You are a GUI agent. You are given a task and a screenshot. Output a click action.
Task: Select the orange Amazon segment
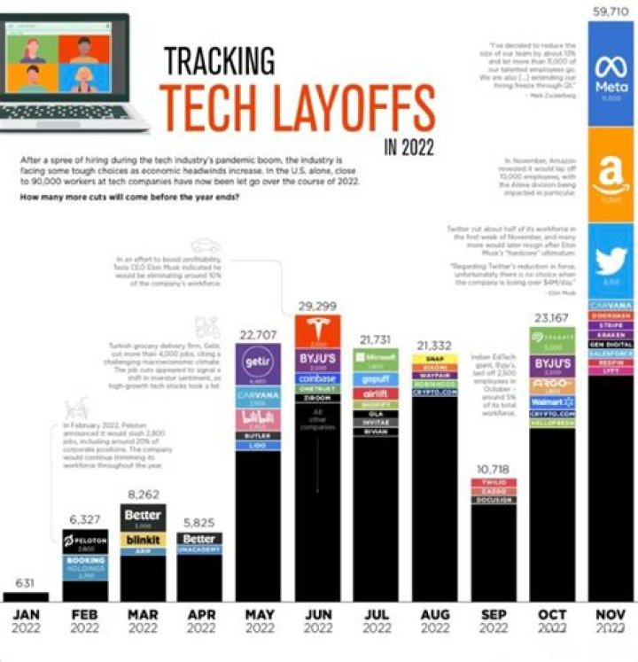[611, 173]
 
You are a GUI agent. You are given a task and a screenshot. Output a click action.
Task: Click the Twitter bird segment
[611, 261]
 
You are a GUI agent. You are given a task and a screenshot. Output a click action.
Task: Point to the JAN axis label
[26, 612]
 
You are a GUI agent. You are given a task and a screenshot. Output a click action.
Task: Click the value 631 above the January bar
[26, 582]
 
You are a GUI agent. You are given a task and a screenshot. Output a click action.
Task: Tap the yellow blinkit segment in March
[143, 541]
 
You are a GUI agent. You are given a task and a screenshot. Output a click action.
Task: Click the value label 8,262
[143, 495]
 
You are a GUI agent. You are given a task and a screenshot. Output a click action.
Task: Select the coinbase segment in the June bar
[318, 378]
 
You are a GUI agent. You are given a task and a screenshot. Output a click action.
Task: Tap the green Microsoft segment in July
[377, 359]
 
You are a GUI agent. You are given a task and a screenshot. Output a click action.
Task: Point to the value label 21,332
[435, 344]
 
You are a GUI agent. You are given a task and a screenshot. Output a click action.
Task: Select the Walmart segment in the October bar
[552, 402]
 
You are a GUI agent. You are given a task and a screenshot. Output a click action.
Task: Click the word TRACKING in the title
[219, 60]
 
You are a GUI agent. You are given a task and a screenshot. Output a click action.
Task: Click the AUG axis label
[435, 612]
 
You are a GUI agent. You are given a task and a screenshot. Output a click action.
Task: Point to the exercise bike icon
[78, 412]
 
